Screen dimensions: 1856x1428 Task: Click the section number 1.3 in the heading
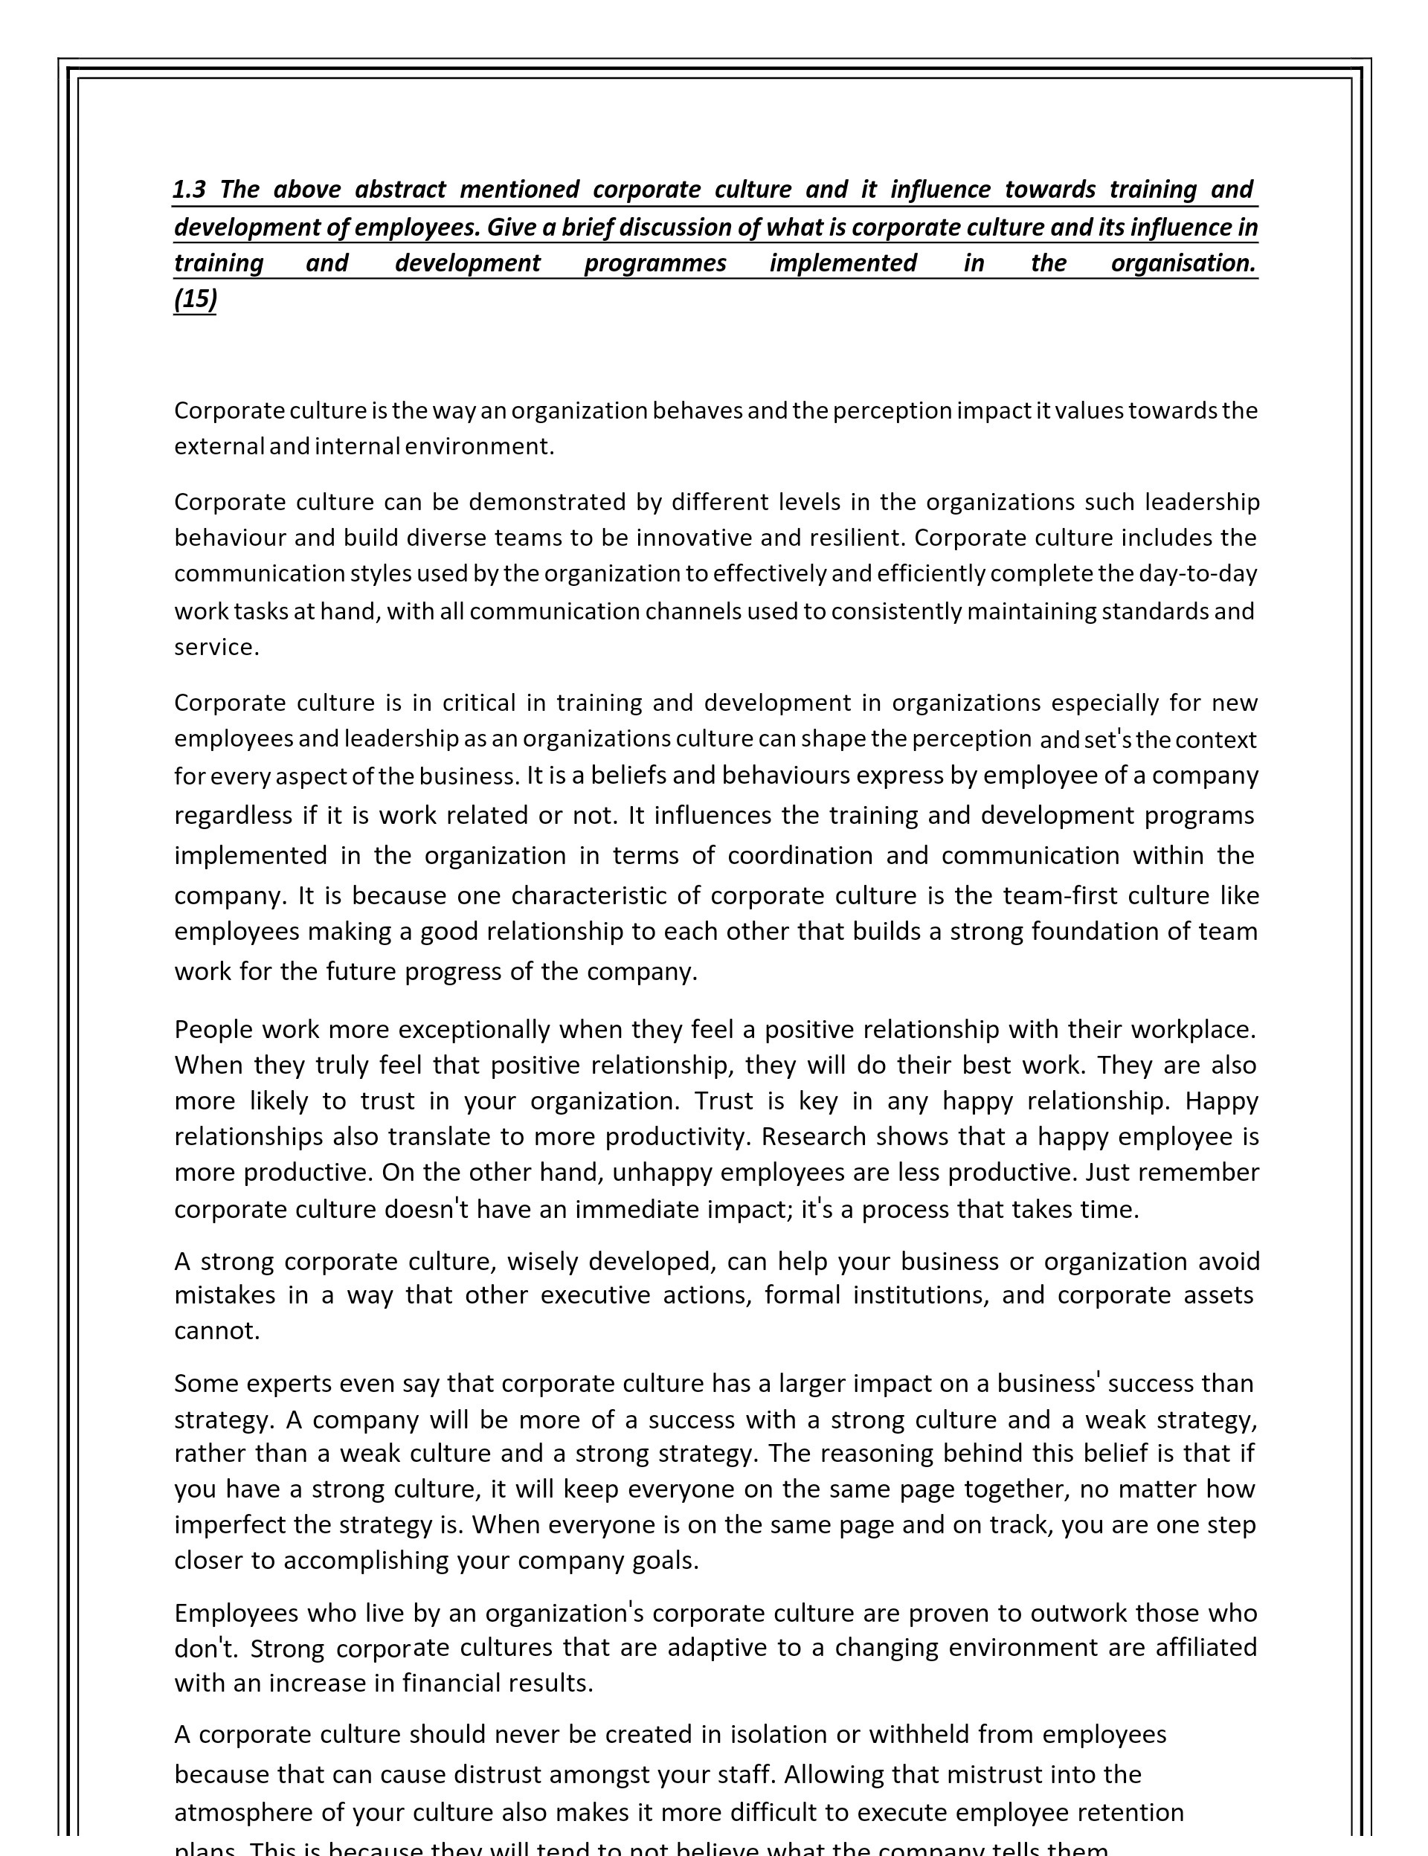coord(189,190)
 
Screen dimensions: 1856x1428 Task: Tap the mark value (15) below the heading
coord(196,300)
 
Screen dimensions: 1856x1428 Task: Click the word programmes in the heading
coord(654,263)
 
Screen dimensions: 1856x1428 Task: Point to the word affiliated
coord(1206,1648)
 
